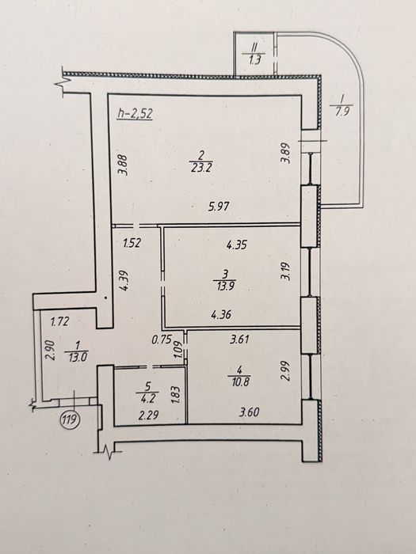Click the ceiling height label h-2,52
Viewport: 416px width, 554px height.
coord(135,114)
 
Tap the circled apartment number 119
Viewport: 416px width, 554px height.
coord(70,419)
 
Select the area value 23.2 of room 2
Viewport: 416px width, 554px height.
coord(200,167)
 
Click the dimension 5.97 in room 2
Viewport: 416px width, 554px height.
coord(219,207)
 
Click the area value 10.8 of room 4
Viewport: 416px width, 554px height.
coord(239,381)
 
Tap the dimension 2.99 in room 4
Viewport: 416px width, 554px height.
coord(285,370)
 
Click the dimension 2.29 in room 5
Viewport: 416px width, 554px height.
coord(148,415)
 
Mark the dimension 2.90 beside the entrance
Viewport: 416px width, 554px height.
coord(50,350)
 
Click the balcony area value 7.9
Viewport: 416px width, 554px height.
coord(341,114)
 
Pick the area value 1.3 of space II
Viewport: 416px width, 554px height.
coord(254,59)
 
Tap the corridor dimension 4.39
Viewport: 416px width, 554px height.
coord(124,280)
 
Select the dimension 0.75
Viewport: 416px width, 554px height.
coord(162,340)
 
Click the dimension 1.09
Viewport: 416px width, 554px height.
coord(179,350)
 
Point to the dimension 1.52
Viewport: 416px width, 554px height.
coord(132,243)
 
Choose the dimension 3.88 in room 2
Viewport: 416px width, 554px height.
coord(124,165)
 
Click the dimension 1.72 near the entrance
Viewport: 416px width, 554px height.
coord(59,322)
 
